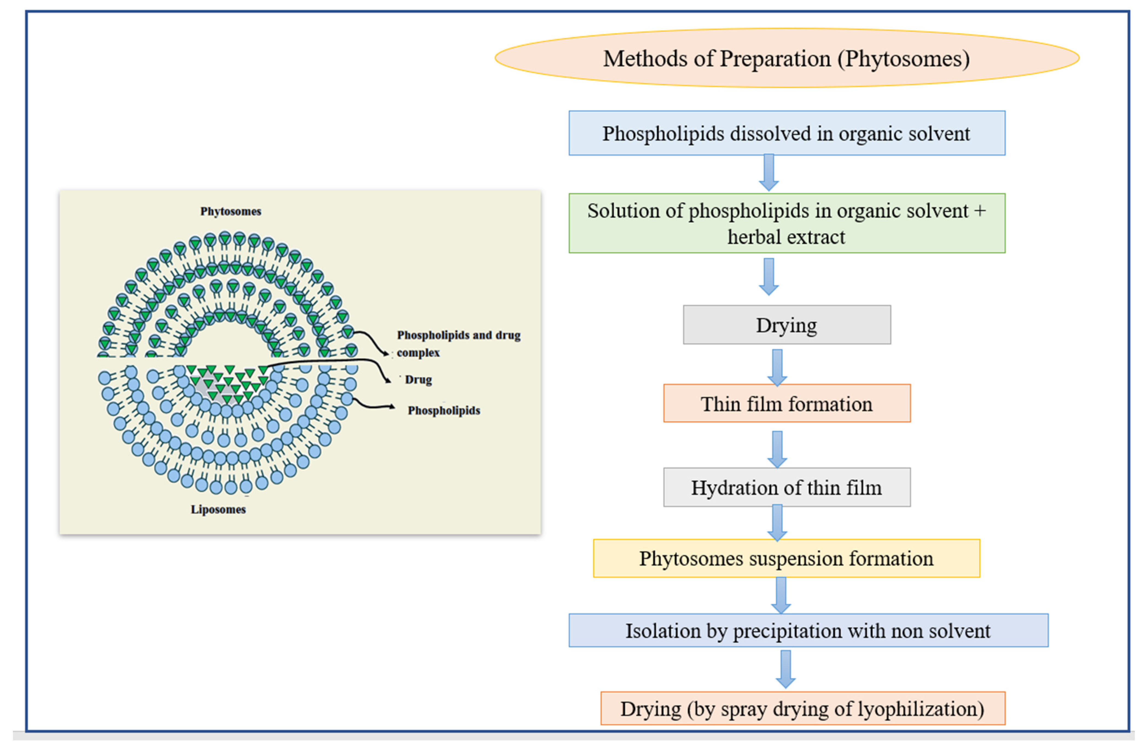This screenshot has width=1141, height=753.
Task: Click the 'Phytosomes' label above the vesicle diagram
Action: click(x=231, y=211)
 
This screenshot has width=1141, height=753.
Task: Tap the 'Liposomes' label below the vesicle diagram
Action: click(x=218, y=509)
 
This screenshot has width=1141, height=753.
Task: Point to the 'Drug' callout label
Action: click(x=418, y=379)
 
